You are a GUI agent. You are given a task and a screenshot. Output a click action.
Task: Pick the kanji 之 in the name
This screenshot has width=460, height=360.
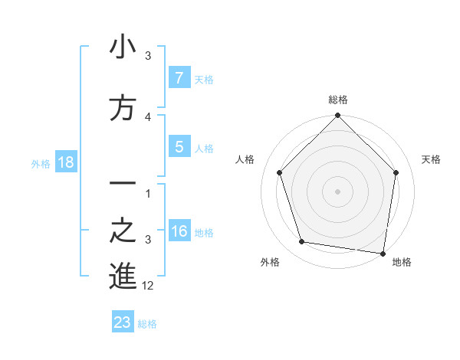123,231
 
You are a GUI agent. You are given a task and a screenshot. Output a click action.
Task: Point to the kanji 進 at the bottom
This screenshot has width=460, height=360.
123,277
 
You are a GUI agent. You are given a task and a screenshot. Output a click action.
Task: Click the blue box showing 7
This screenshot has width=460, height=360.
179,77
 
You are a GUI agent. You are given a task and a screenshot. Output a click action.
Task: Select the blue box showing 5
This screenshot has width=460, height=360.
179,146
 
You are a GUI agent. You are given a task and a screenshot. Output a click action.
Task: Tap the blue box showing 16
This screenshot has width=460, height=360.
179,231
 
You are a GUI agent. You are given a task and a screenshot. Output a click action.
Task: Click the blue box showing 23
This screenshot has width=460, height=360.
123,322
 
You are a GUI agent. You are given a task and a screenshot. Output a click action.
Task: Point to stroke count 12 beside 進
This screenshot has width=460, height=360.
149,286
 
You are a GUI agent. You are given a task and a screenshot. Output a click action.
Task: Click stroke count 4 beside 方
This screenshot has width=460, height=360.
148,116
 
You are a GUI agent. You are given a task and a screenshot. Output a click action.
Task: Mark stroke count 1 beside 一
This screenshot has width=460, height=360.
148,193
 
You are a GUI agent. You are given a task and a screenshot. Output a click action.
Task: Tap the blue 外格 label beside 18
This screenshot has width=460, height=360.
41,163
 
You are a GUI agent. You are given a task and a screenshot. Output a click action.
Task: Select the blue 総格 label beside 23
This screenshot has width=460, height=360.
148,323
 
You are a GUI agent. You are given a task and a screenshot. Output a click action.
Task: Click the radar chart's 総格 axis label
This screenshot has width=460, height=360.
338,100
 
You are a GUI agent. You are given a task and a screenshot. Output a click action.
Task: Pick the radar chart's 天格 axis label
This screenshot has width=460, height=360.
432,159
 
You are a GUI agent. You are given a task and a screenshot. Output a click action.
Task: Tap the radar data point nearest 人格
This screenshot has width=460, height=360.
279,172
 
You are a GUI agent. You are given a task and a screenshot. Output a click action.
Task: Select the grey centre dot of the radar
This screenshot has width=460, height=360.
338,191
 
